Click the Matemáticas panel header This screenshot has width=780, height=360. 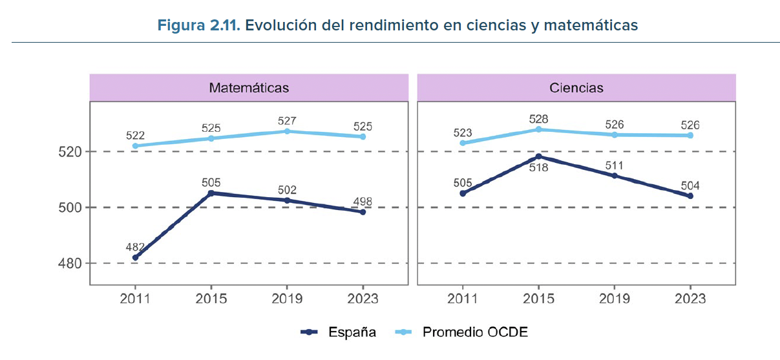[x=248, y=87]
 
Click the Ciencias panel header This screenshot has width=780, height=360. [x=576, y=87]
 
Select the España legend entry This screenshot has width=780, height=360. [x=339, y=332]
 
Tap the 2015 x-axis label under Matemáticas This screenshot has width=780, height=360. [x=211, y=299]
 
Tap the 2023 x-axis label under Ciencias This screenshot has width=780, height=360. [x=690, y=299]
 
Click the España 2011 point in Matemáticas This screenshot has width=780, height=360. [x=135, y=257]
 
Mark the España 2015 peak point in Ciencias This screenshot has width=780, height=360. [x=538, y=156]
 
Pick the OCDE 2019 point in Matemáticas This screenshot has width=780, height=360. [x=287, y=131]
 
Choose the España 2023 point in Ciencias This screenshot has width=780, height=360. [x=690, y=196]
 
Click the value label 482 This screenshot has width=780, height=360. [x=136, y=246]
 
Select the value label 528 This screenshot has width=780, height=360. [x=538, y=120]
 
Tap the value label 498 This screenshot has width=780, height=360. [x=362, y=201]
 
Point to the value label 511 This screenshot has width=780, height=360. [x=614, y=164]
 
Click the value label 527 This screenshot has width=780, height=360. [x=287, y=120]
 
